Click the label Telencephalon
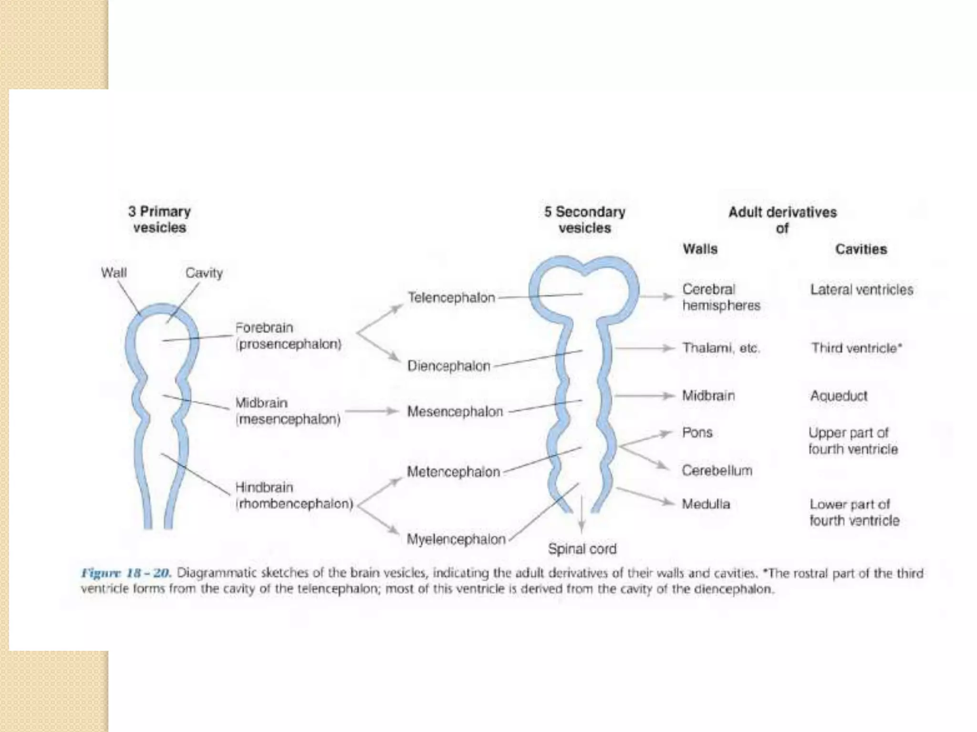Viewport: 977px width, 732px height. click(451, 298)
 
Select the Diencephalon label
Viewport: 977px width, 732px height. click(449, 366)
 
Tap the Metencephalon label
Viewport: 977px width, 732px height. click(453, 472)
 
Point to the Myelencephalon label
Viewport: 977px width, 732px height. click(456, 539)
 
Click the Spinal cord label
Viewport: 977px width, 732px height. click(582, 549)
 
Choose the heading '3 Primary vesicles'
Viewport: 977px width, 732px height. click(159, 219)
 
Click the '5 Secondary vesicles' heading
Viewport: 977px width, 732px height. click(585, 220)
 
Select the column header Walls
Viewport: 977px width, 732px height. click(700, 249)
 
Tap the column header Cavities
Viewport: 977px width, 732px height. click(861, 249)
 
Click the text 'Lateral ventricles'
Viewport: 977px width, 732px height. click(862, 290)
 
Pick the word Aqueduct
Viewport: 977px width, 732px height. click(839, 396)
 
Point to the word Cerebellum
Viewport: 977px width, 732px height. click(717, 471)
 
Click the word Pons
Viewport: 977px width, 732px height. click(697, 433)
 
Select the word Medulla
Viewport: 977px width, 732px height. click(706, 504)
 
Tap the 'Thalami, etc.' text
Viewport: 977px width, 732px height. click(721, 348)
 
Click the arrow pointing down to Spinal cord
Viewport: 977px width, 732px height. click(582, 515)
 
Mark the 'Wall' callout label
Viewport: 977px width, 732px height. click(114, 273)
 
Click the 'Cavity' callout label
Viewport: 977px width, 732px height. click(204, 273)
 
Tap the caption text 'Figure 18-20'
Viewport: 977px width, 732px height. click(126, 573)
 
